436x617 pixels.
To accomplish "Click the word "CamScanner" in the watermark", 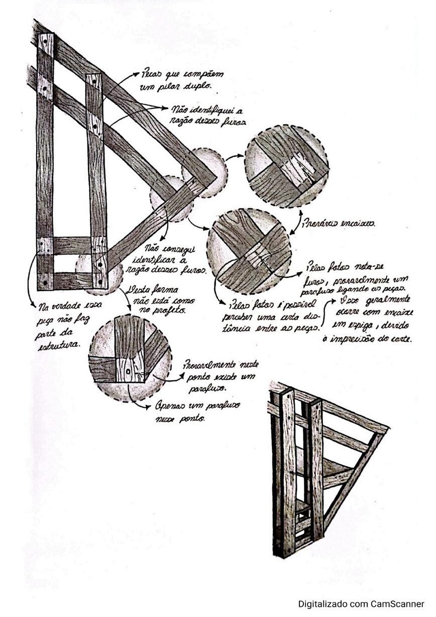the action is point(398,604).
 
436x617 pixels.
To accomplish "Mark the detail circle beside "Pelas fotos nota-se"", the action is point(250,251).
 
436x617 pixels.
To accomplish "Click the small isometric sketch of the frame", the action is point(324,467).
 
